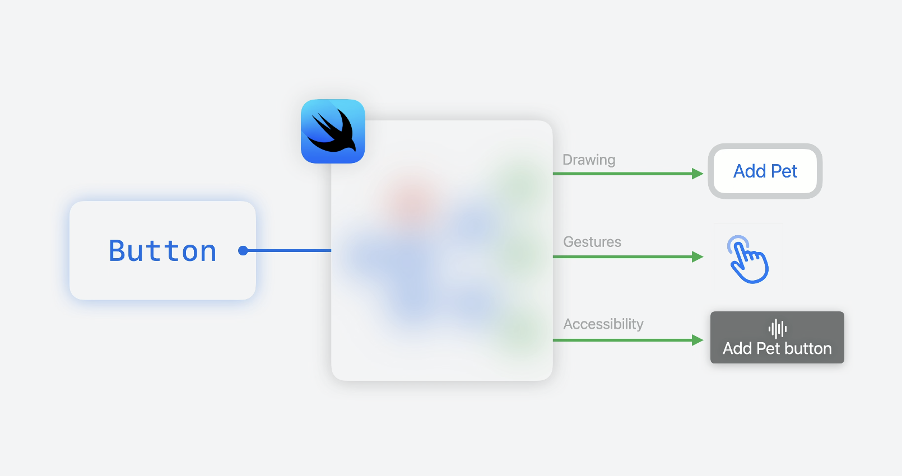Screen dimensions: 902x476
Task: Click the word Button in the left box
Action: [162, 251]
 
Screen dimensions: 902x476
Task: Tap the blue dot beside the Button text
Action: [243, 251]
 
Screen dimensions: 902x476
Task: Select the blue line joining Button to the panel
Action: [289, 250]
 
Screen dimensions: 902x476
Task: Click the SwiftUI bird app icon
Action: [333, 132]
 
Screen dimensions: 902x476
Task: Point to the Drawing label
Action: [589, 160]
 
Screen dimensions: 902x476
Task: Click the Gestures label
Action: [592, 242]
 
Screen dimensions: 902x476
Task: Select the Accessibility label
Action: [603, 324]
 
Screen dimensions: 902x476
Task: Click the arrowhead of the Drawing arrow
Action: [698, 174]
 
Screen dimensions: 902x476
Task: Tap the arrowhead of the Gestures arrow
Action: [698, 256]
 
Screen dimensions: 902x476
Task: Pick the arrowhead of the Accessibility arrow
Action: [698, 340]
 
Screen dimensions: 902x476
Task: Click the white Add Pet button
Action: [765, 171]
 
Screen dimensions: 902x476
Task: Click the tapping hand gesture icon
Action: [749, 260]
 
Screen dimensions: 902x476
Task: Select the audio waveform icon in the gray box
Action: [778, 329]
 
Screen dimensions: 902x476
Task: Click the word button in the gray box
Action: [808, 349]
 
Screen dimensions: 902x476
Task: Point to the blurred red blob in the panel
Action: [411, 199]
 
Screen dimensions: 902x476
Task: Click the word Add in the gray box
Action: [737, 349]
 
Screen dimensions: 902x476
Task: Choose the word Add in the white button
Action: [750, 171]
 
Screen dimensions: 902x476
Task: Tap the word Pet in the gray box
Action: [768, 349]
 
